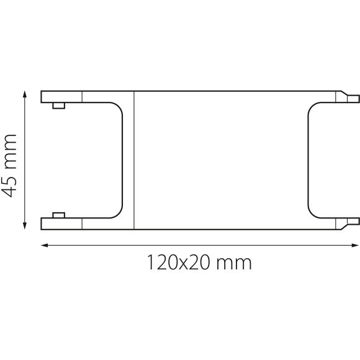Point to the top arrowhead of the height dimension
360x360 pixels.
[x=25, y=94]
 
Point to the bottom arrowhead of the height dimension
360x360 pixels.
[x=25, y=226]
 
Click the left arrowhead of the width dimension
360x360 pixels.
[x=44, y=245]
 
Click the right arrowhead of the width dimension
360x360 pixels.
[x=356, y=245]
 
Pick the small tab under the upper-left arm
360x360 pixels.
[x=59, y=105]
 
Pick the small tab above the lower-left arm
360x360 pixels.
[x=59, y=215]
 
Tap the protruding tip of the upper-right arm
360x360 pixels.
[x=353, y=97]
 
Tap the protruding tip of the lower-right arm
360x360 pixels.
[x=353, y=222]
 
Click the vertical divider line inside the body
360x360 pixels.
[x=134, y=160]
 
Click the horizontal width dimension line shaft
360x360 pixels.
[x=199, y=245]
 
